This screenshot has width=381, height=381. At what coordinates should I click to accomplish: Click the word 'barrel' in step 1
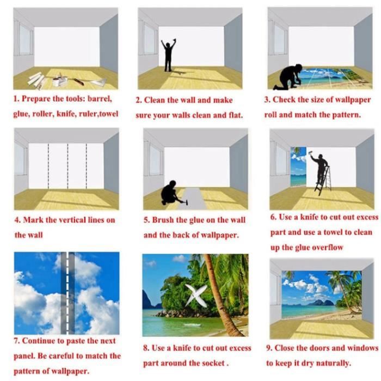tap(100, 99)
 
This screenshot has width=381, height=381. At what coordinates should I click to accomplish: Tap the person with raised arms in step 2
tap(168, 56)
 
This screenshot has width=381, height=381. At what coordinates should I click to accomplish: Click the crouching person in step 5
tap(170, 193)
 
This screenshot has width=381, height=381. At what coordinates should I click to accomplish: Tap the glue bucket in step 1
tap(56, 82)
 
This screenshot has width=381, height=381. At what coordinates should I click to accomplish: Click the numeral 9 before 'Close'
tap(268, 348)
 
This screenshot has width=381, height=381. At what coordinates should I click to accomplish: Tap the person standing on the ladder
tap(320, 168)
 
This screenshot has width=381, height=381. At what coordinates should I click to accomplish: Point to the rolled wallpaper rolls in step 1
tap(36, 79)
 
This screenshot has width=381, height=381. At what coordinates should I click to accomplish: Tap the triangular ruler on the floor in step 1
tap(99, 82)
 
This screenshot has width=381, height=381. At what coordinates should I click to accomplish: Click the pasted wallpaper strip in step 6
tap(299, 167)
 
